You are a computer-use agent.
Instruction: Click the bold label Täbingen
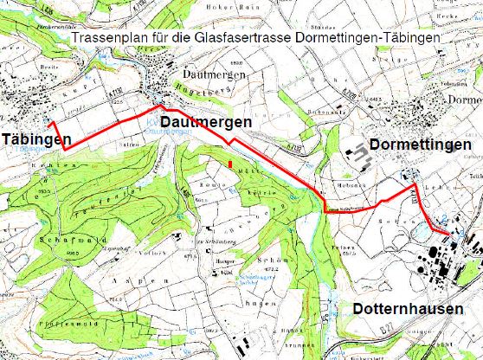click(x=35, y=140)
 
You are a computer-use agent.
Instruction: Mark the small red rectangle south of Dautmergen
click(x=230, y=162)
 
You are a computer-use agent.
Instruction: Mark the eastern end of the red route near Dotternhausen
click(x=448, y=229)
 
